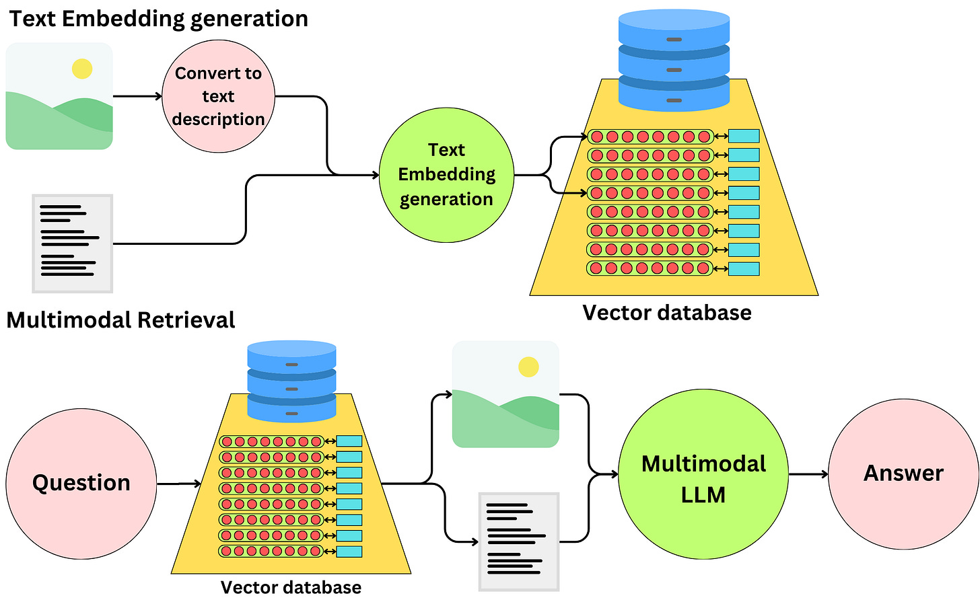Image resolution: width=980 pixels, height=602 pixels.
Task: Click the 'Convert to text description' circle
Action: coord(218,96)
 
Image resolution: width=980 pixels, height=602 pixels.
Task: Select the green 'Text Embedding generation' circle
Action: coord(446,175)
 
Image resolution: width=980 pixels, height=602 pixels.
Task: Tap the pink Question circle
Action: coord(81,483)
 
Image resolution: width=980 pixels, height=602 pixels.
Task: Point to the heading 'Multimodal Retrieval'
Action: coord(121,320)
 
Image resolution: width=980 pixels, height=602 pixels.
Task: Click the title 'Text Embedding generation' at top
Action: coord(159,19)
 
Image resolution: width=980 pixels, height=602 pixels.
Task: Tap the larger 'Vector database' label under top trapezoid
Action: coord(666,313)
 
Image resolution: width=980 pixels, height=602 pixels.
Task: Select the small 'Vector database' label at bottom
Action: coord(291,587)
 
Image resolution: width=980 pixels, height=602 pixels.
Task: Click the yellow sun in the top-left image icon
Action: coord(82,69)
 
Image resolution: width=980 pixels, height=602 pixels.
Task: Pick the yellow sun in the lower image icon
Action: coord(528,367)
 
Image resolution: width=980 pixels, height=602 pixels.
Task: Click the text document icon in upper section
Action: coord(73,243)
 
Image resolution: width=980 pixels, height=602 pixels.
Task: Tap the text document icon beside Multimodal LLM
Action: coord(519,541)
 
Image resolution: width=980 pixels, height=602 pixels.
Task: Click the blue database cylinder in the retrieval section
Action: coord(291,380)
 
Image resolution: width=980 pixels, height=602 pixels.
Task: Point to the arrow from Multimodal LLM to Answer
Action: coord(808,474)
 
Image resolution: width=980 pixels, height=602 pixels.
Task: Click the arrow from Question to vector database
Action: coord(179,484)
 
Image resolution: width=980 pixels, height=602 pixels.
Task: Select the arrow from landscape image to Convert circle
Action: coord(137,96)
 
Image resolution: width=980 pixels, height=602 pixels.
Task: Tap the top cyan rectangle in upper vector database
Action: coord(744,137)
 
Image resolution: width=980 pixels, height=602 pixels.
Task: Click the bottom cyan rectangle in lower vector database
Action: coord(349,552)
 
